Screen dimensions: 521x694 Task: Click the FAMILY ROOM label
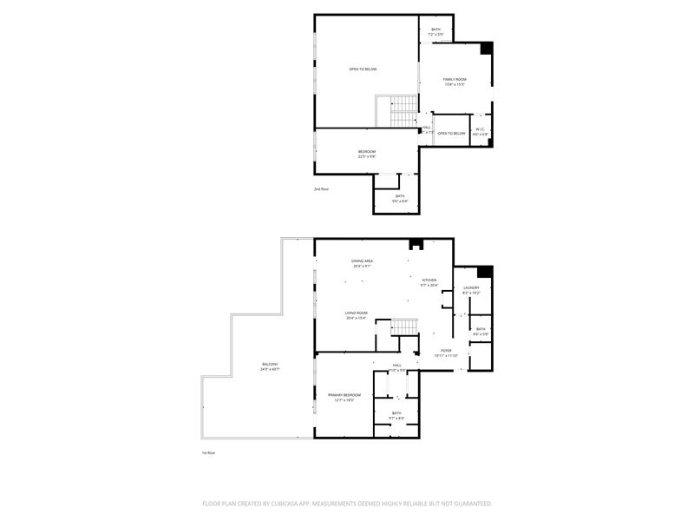[455, 79]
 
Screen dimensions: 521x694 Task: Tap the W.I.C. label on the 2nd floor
[481, 129]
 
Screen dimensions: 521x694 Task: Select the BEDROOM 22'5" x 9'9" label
[367, 152]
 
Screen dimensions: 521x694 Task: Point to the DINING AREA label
[362, 260]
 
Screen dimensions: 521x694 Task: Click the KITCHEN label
[429, 280]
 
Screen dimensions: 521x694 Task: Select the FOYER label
[446, 351]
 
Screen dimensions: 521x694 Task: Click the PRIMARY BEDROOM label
[344, 395]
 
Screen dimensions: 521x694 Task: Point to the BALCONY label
[270, 364]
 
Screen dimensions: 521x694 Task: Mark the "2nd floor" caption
[322, 188]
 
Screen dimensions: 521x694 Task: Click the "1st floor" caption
[207, 453]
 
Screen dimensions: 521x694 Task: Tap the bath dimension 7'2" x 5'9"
[435, 35]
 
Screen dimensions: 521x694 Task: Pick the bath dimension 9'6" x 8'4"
[400, 201]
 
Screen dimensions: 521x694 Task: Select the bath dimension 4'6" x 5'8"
[481, 333]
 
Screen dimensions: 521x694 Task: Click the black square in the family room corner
[487, 48]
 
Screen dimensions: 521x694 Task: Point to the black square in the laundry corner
[485, 271]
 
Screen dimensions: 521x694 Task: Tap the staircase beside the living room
[403, 326]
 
